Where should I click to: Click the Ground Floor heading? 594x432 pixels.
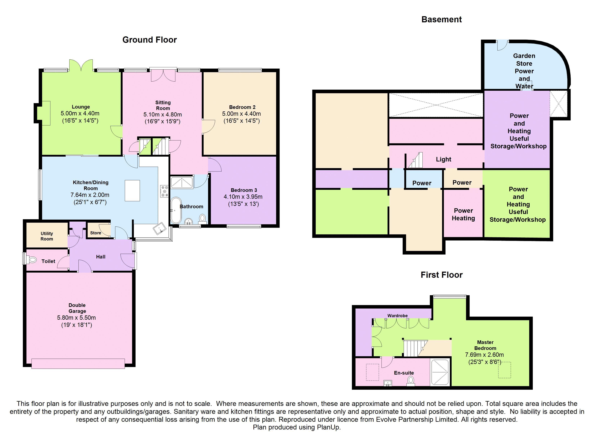point(150,40)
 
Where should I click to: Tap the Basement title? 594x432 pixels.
point(441,19)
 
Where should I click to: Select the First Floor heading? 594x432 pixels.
point(441,275)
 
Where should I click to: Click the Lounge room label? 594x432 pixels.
point(81,107)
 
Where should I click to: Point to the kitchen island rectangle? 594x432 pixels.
point(132,190)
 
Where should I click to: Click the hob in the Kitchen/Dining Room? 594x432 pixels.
point(165,191)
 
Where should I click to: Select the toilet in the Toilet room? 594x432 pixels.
point(32,260)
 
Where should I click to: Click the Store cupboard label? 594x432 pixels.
point(96,233)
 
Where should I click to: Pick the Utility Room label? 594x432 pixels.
point(47,236)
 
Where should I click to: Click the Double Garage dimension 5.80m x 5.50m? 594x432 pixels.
point(76,318)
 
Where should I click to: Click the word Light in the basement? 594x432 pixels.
point(443,159)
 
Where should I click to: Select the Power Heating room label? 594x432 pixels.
point(463,214)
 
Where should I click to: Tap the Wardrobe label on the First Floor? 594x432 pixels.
point(397,316)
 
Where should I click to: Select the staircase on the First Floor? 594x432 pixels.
point(413,349)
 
